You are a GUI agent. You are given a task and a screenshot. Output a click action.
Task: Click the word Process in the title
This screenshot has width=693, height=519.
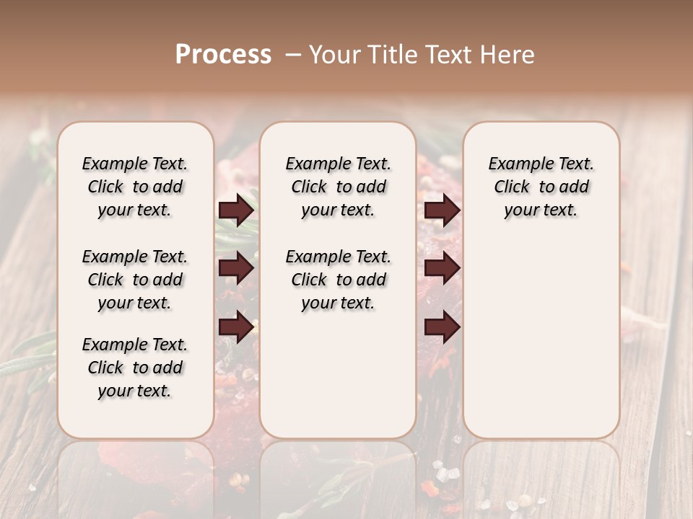click(x=223, y=55)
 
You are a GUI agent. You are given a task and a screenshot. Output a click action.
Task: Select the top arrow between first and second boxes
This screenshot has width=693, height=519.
click(x=236, y=210)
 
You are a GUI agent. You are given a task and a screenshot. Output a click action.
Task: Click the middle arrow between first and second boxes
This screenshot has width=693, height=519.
click(x=236, y=268)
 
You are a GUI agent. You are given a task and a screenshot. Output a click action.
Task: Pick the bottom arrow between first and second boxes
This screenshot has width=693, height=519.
click(x=236, y=327)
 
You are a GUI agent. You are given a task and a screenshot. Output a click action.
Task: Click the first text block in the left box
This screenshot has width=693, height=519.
click(x=135, y=187)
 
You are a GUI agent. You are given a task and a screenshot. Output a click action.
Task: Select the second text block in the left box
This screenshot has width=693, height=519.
click(x=135, y=280)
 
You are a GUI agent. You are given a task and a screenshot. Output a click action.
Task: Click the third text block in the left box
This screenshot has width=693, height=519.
click(x=135, y=368)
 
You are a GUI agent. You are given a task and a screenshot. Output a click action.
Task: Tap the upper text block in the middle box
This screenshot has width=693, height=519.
click(x=338, y=187)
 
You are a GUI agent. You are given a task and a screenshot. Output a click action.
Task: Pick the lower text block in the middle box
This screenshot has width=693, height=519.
click(x=338, y=280)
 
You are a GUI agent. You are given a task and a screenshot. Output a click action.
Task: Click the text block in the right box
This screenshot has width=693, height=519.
click(x=541, y=187)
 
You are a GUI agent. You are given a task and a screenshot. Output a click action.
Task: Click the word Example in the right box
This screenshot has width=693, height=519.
click(x=516, y=164)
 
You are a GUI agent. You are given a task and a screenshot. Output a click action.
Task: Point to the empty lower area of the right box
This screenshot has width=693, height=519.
click(x=541, y=339)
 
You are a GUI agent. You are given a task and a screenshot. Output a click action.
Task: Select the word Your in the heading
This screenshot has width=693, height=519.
click(x=331, y=55)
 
